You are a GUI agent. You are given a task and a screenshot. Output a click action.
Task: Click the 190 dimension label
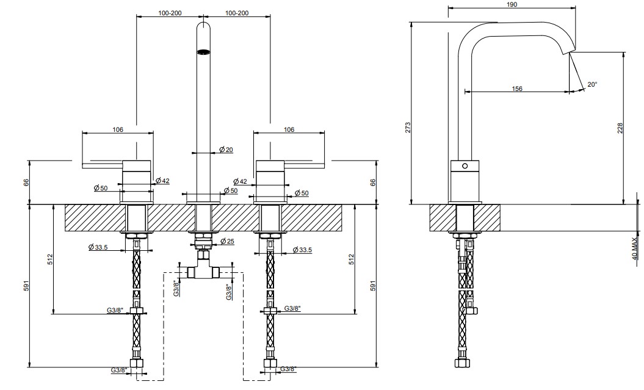click(x=512, y=4)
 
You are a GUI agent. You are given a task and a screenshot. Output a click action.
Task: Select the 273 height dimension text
click(x=407, y=128)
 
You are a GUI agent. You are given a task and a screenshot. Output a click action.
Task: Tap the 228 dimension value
click(x=620, y=128)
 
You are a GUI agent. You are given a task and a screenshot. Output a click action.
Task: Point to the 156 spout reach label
click(x=517, y=88)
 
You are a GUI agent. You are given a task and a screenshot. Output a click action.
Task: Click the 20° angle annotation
click(x=592, y=85)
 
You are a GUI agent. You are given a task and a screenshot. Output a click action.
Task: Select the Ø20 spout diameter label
click(x=226, y=150)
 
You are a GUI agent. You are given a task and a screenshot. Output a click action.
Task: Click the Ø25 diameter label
click(x=227, y=241)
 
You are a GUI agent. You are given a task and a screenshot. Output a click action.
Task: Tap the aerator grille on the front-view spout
click(x=204, y=52)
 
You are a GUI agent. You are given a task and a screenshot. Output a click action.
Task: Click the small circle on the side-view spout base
click(x=465, y=166)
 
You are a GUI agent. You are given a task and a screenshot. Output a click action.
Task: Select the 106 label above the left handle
click(x=118, y=130)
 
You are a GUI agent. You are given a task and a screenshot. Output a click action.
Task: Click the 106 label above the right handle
click(x=289, y=130)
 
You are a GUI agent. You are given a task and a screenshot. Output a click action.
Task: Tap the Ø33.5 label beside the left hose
click(x=98, y=247)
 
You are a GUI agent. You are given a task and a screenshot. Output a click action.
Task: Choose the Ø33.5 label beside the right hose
click(x=302, y=250)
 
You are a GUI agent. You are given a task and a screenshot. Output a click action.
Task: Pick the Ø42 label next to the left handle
click(x=162, y=181)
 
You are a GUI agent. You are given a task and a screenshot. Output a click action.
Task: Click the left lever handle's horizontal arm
click(x=103, y=165)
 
